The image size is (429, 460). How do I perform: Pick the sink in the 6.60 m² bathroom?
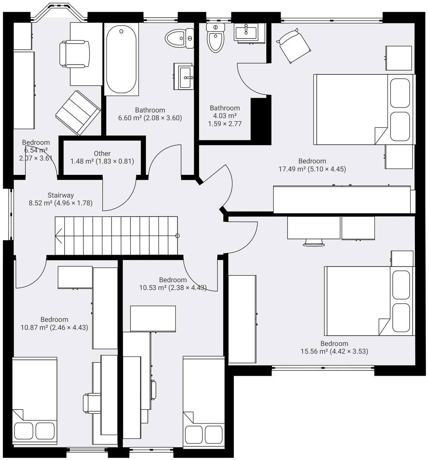(184, 77)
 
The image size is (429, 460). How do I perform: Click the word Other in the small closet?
(102, 153)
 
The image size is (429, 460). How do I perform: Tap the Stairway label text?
(61, 195)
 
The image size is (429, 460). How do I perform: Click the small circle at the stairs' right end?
(177, 236)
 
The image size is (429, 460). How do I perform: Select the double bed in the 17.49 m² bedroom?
(363, 109)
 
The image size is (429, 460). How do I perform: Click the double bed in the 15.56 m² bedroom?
(369, 301)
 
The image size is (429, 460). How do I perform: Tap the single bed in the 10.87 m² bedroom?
(35, 402)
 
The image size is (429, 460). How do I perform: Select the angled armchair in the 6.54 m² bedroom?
(78, 113)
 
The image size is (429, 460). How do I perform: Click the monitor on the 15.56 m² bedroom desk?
(314, 242)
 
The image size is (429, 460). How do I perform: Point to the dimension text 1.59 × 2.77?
(225, 124)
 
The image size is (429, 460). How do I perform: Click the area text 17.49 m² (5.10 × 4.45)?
(312, 169)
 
